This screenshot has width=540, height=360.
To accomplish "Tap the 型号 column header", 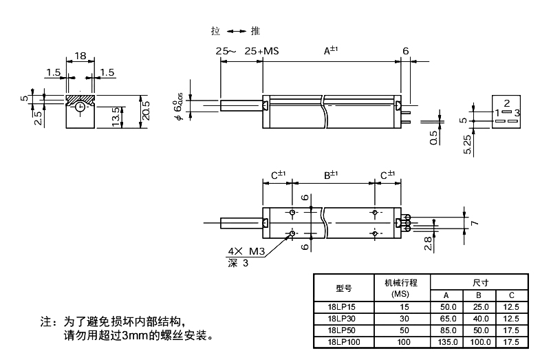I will click(343, 288).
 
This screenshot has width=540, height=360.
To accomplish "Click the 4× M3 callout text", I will click(245, 251).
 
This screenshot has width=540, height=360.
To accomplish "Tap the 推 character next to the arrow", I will click(255, 31).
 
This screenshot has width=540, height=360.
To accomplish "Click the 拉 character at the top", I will click(216, 31).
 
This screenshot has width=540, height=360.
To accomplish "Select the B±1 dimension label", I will click(333, 176).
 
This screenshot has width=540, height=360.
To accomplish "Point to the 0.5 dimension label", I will click(433, 138).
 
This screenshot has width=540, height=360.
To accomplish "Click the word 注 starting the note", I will click(46, 322).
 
